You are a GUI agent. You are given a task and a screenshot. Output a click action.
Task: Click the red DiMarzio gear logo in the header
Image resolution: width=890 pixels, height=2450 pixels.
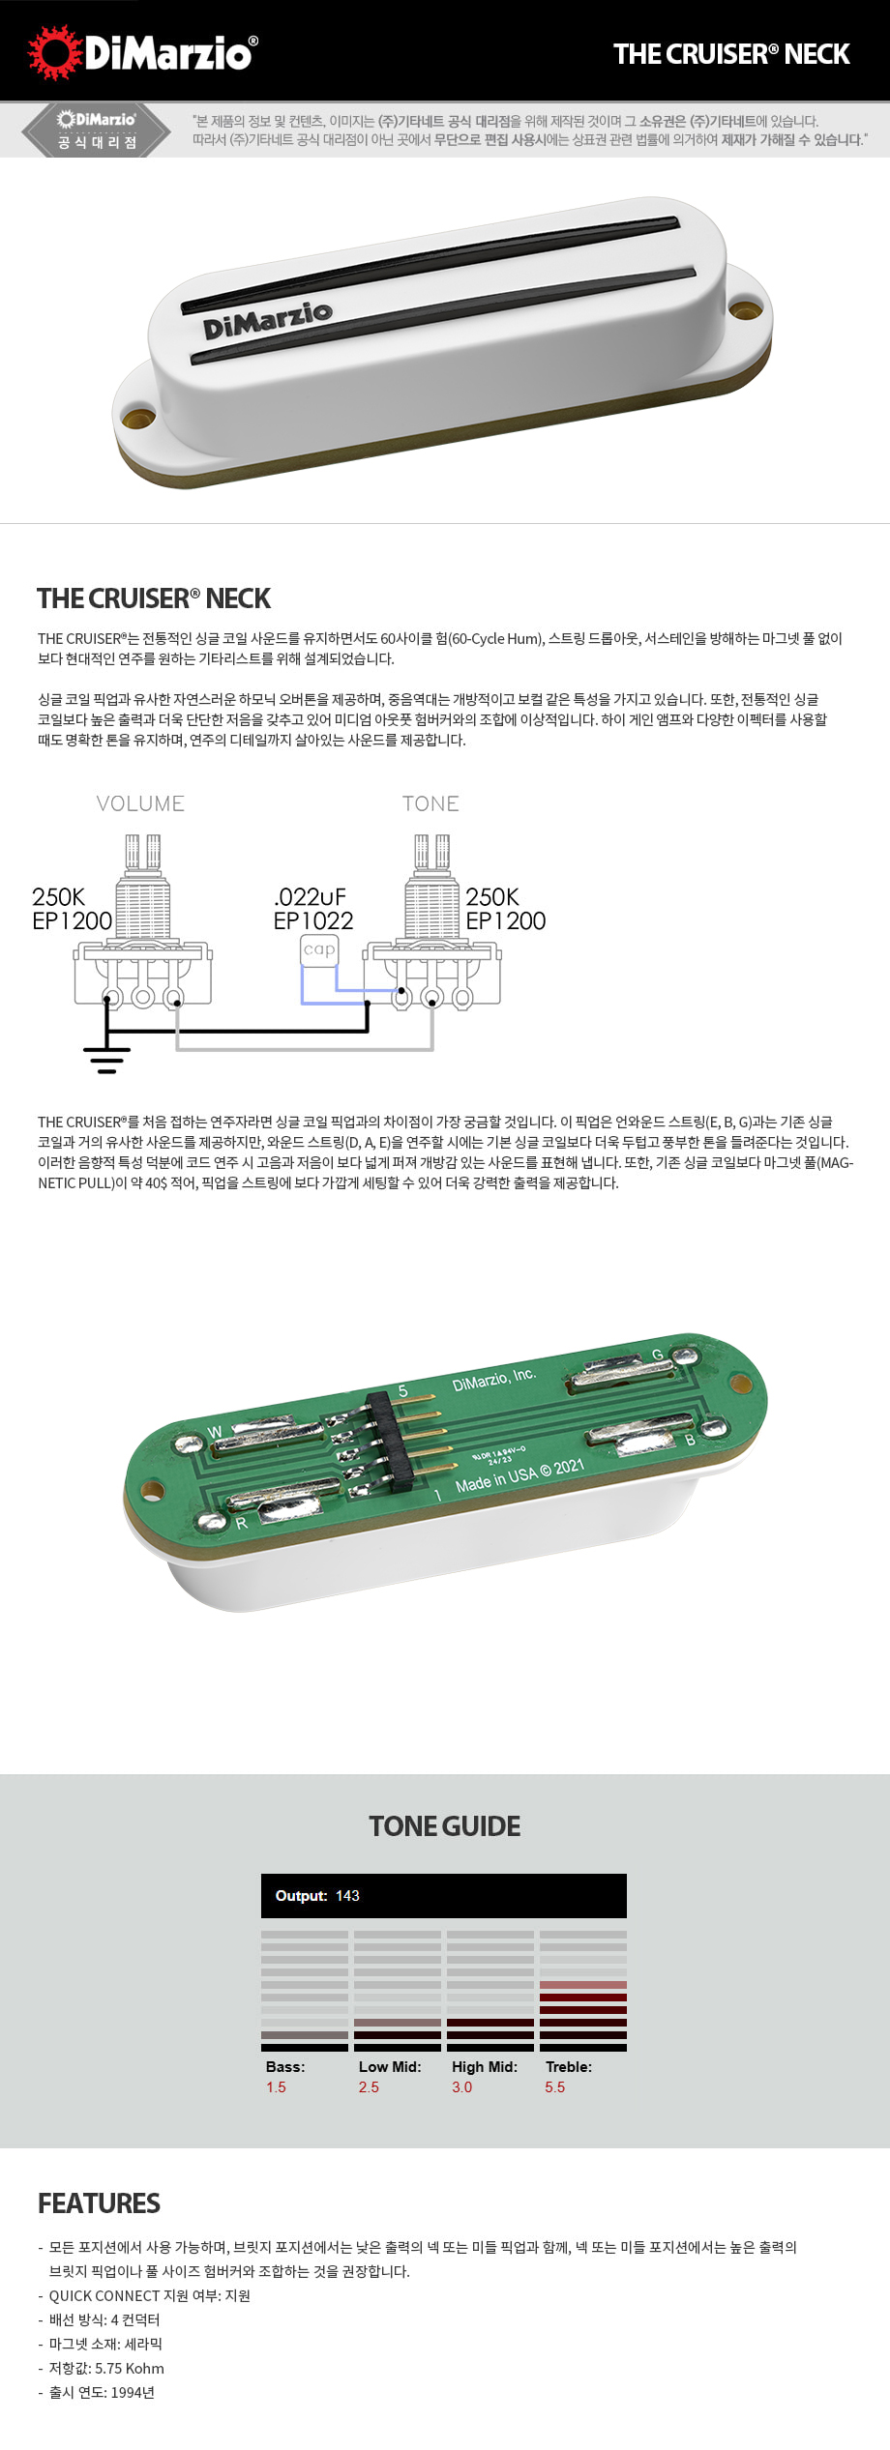pos(54,52)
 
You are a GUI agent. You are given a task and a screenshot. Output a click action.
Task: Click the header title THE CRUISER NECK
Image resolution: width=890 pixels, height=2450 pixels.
pos(731,54)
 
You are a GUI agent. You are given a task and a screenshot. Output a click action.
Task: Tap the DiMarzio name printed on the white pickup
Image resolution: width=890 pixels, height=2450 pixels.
pos(267,320)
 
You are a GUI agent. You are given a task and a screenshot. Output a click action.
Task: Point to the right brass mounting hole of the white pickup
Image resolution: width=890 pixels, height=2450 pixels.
pos(745,309)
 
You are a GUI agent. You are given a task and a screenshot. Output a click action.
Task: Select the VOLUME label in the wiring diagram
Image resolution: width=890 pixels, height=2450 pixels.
pos(140,803)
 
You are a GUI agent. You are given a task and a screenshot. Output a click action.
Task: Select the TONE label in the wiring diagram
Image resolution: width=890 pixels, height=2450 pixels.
pos(430,803)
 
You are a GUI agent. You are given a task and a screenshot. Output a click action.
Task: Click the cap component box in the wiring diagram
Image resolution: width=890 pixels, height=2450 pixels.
pos(318,949)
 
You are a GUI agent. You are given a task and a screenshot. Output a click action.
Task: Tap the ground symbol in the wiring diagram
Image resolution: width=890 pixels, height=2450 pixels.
pos(106,1059)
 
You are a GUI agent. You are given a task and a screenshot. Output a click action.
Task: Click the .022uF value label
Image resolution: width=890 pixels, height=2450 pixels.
pos(310,897)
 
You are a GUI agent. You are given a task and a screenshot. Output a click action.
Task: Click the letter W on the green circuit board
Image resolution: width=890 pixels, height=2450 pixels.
pos(215,1432)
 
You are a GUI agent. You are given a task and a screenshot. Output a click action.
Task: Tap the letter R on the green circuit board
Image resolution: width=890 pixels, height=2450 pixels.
pos(241,1523)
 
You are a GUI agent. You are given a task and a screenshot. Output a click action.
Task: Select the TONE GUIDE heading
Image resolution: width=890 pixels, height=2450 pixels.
pos(445,1826)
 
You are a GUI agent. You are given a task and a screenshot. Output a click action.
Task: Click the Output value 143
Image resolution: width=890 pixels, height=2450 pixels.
pos(347,1896)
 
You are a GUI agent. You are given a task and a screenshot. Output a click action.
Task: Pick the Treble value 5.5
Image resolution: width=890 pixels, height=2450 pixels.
pos(554,2087)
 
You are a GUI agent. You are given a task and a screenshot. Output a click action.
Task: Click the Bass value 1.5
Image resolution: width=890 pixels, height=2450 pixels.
pos(276,2087)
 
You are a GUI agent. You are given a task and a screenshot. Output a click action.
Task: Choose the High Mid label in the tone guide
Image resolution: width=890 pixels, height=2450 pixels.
pos(484,2067)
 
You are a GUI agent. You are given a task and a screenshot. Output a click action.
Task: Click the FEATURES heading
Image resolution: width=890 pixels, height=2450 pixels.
pos(99,2203)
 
